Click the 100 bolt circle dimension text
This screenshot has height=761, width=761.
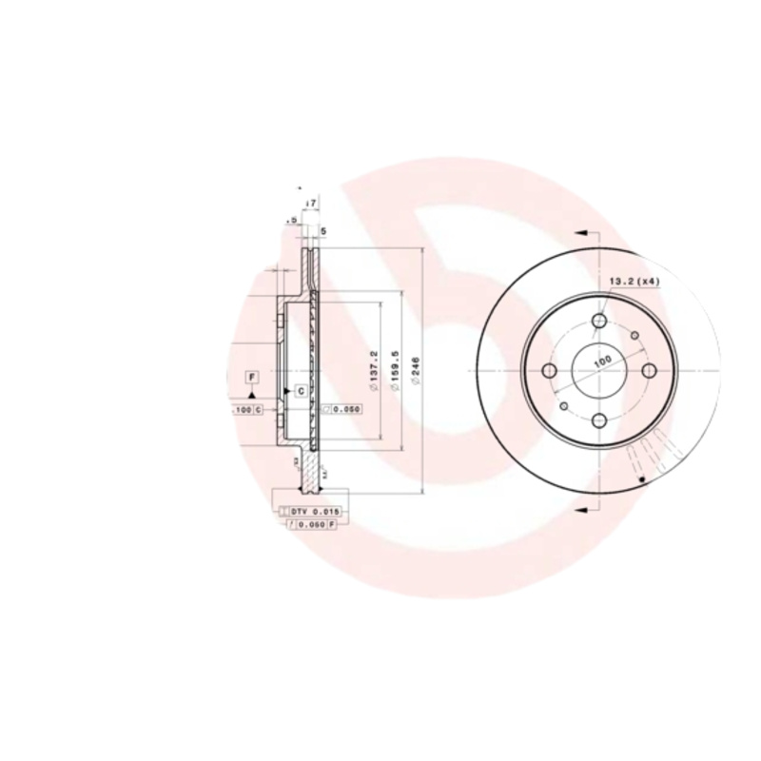coord(601,362)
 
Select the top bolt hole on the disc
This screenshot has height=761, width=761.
coord(598,322)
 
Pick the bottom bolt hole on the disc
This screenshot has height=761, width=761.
coord(598,420)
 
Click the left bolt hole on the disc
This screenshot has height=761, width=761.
coord(549,370)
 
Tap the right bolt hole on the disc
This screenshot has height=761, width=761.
coord(648,370)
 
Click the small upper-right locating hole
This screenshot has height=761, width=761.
coord(635,334)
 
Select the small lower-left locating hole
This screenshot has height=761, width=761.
coord(563,407)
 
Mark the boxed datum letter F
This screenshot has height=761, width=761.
coord(251,378)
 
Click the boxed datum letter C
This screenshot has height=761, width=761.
coord(300,390)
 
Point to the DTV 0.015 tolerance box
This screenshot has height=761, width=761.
coord(313,512)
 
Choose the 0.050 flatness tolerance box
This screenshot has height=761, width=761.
coord(344,409)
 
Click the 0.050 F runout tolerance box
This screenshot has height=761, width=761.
coord(313,524)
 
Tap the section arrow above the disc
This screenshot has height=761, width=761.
coord(582,231)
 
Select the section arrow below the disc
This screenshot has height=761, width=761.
coord(582,511)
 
